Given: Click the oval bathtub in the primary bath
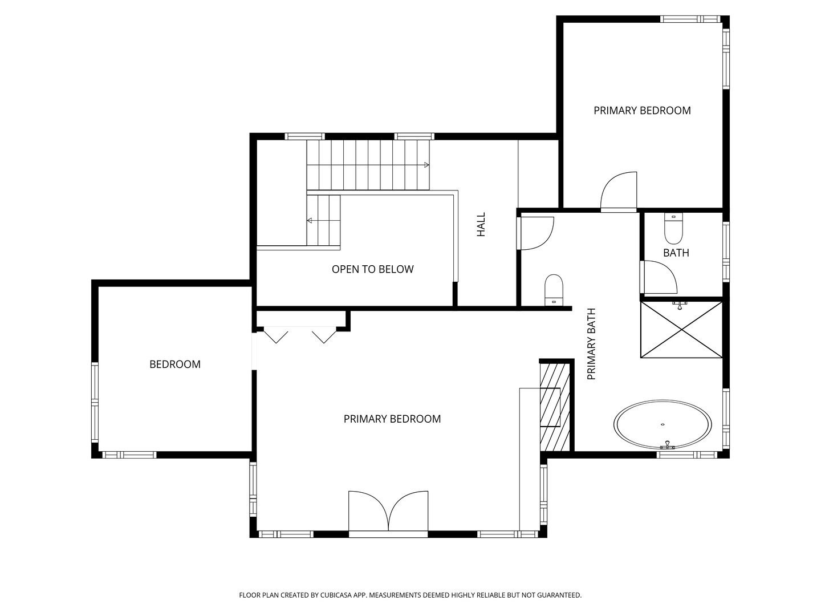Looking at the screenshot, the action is [663, 424].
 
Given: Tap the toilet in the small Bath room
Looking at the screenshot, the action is [673, 228].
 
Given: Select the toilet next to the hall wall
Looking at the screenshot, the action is [554, 290].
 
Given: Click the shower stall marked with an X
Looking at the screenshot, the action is [681, 330].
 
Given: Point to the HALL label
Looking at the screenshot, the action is [481, 224].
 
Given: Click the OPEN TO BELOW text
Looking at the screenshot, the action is [372, 269].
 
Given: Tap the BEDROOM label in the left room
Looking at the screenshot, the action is [174, 364].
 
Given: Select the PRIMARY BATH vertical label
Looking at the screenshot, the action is [591, 344].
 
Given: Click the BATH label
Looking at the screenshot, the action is [676, 253].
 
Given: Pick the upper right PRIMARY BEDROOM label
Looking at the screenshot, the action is [642, 111].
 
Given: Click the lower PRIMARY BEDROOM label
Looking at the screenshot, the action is [392, 419].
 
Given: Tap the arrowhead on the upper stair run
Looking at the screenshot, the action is [427, 165].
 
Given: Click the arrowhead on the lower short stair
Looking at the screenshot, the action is [310, 221].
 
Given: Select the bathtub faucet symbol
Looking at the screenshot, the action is [666, 445].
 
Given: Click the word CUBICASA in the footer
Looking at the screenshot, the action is [336, 595].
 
